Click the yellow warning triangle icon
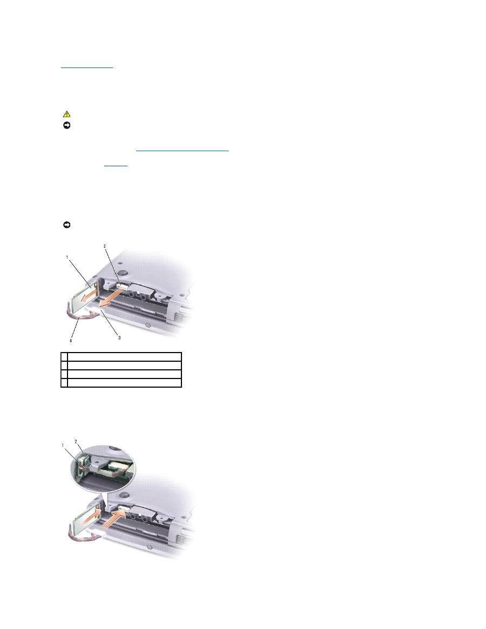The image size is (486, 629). click(66, 114)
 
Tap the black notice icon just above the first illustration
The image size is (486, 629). click(66, 225)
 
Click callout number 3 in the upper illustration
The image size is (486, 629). click(119, 338)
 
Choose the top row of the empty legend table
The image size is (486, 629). click(121, 356)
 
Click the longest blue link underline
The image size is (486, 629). click(183, 151)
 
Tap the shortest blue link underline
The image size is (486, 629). click(116, 166)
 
